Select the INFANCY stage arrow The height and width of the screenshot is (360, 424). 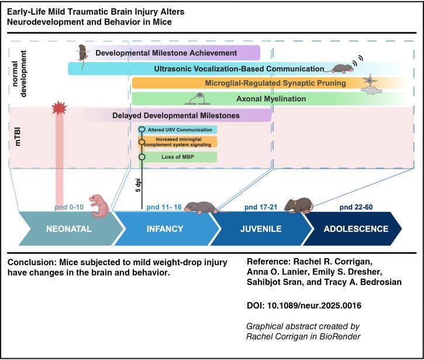(x=164, y=229)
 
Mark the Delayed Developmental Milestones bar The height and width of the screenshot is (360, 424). (x=175, y=115)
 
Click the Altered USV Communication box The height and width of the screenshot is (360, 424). (x=178, y=129)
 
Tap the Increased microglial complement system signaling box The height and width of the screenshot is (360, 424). (x=178, y=142)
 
